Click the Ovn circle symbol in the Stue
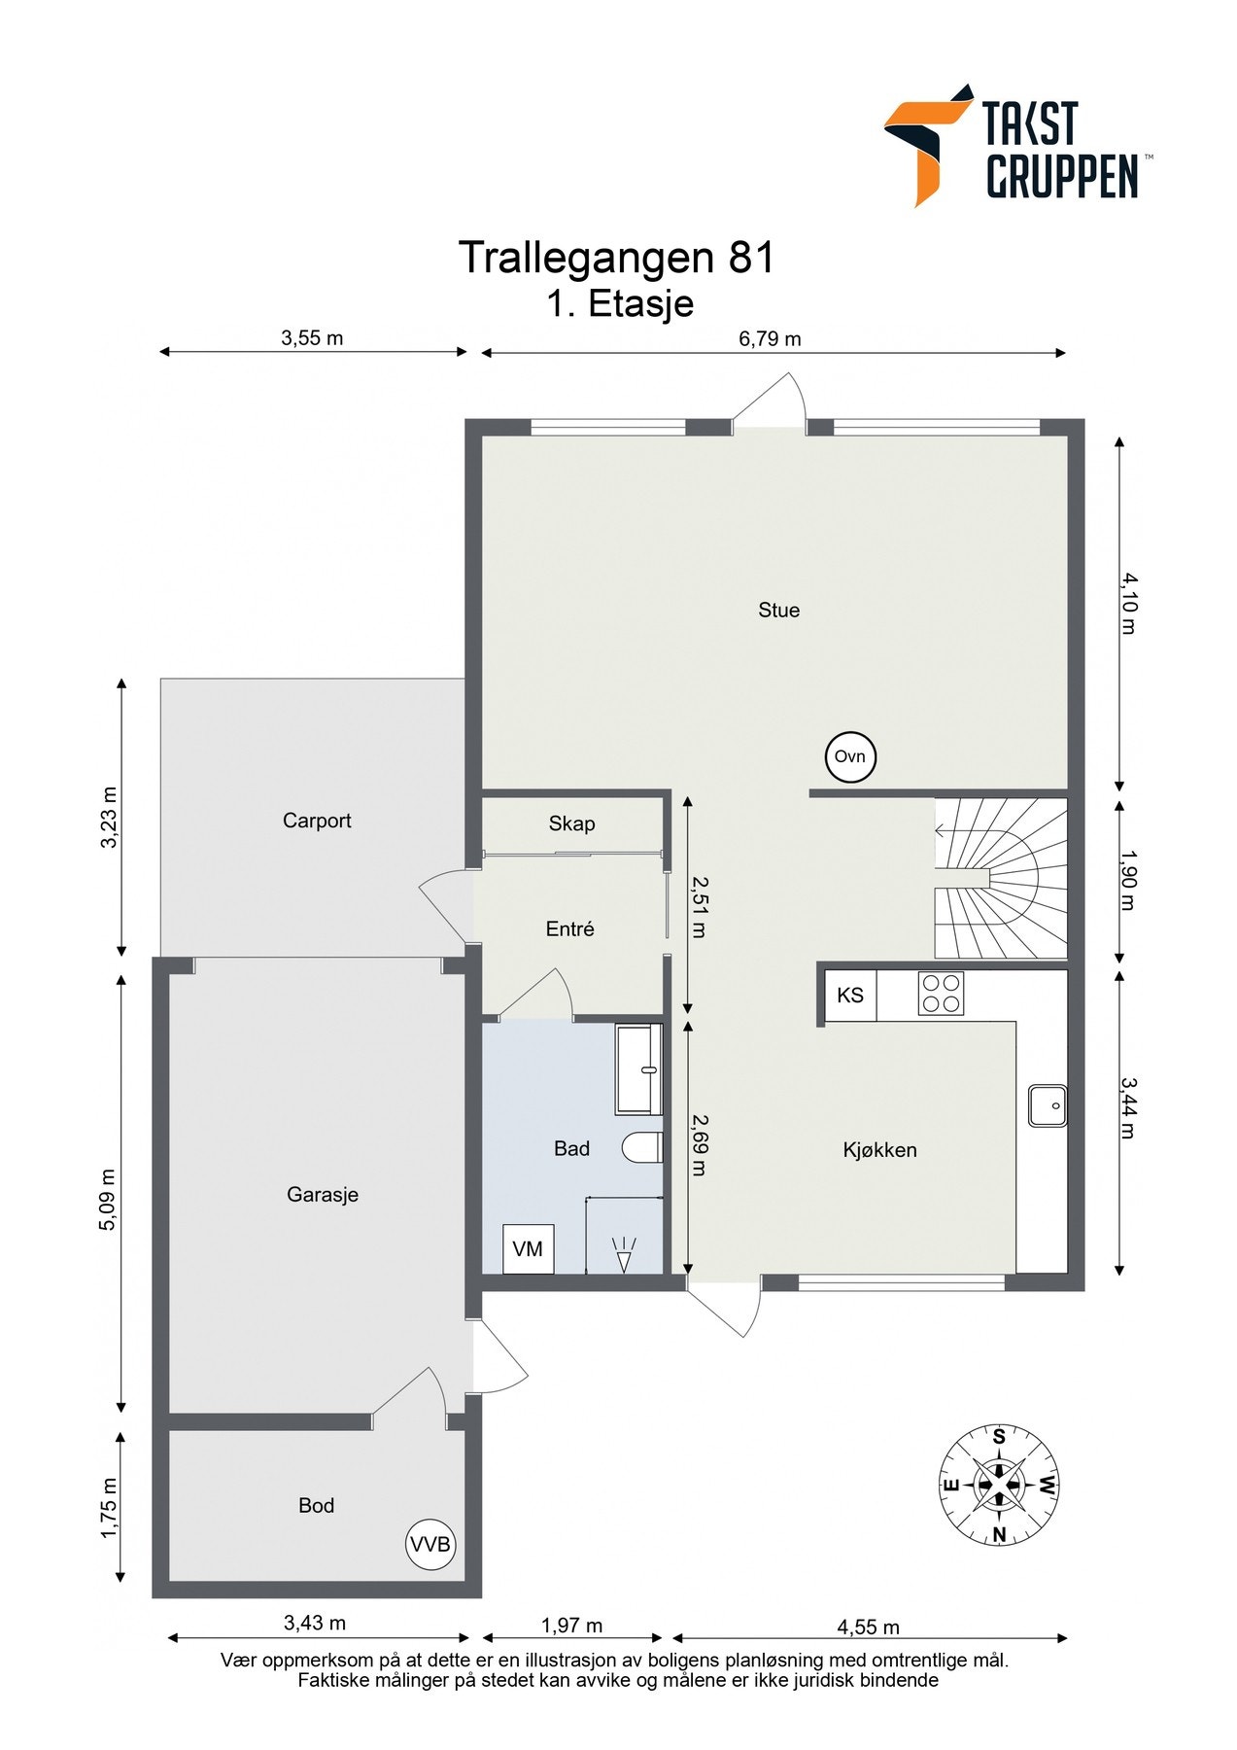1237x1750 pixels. tap(850, 756)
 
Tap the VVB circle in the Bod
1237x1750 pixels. tap(430, 1544)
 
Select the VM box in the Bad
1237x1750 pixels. tap(528, 1248)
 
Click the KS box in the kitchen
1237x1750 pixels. tap(850, 995)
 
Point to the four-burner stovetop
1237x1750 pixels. tap(941, 993)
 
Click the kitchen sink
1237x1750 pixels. tap(1048, 1105)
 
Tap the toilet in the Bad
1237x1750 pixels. tap(641, 1147)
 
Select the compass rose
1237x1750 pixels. tap(998, 1485)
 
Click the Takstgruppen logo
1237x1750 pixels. tap(1017, 145)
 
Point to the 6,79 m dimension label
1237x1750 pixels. tap(770, 338)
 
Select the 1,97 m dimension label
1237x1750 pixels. tap(571, 1625)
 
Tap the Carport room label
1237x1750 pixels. tap(317, 821)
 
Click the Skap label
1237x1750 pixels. tap(571, 823)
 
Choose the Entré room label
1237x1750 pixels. tap(569, 928)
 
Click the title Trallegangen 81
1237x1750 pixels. tap(617, 257)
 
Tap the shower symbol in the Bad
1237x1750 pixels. tap(624, 1253)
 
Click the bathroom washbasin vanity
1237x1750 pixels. tap(639, 1068)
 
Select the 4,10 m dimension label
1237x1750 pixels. tap(1127, 603)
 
